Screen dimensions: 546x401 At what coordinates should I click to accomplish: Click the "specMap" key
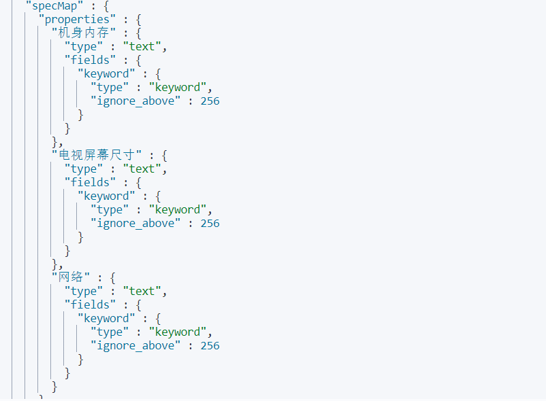click(54, 5)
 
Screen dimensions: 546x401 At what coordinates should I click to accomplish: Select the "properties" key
click(77, 19)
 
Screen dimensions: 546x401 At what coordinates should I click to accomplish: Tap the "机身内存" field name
click(83, 33)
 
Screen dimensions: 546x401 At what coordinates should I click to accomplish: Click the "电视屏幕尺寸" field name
click(97, 155)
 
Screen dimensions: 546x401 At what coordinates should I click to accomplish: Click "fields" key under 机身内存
click(90, 60)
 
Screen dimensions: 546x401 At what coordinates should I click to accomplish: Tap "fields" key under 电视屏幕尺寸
click(90, 182)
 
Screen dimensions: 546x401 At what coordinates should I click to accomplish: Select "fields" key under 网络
click(90, 304)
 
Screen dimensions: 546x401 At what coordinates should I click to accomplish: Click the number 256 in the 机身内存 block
click(210, 101)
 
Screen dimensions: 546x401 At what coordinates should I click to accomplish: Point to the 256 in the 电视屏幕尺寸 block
click(210, 223)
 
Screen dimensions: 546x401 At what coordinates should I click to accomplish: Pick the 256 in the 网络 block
click(210, 345)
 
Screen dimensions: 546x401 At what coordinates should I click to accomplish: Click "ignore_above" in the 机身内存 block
click(136, 101)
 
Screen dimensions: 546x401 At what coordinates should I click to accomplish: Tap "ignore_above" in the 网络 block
click(136, 345)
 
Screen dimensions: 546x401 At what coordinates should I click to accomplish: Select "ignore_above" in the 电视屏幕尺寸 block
click(136, 223)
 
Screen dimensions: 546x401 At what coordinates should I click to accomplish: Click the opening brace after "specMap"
click(106, 5)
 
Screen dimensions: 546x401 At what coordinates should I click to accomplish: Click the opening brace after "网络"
click(112, 277)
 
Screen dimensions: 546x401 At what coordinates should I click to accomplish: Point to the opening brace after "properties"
click(138, 19)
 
